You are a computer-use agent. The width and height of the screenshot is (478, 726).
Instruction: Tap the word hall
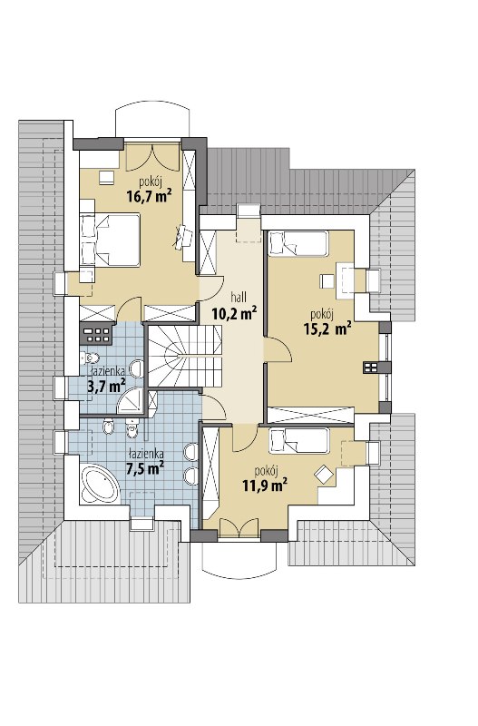[x=239, y=297]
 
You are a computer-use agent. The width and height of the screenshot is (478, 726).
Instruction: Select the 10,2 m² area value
[x=235, y=313]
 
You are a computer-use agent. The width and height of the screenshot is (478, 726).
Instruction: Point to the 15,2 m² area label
[x=327, y=329]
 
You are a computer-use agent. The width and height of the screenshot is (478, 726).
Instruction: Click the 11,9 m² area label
[x=265, y=486]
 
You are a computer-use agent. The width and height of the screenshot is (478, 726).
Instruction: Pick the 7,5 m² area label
[x=146, y=468]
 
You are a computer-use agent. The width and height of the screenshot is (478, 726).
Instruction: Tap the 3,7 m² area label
[x=107, y=386]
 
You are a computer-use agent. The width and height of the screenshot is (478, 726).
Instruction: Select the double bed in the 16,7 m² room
[x=110, y=240]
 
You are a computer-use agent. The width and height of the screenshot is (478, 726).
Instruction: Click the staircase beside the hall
[x=185, y=356]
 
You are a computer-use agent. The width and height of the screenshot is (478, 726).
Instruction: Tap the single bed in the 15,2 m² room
[x=298, y=243]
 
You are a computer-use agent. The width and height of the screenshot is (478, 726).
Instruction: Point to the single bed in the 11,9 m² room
[x=299, y=440]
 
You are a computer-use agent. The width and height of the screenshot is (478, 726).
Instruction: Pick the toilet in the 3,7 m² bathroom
[x=89, y=358]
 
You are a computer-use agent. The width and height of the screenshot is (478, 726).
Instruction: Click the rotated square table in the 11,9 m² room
[x=324, y=475]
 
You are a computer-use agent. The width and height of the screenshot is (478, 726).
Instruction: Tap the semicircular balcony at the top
[x=151, y=122]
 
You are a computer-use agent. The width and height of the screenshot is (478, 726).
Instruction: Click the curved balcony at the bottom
[x=239, y=559]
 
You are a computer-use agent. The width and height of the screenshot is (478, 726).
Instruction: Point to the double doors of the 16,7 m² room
[x=151, y=157]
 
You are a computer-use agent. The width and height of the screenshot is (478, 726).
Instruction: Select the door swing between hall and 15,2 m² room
[x=278, y=349]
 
